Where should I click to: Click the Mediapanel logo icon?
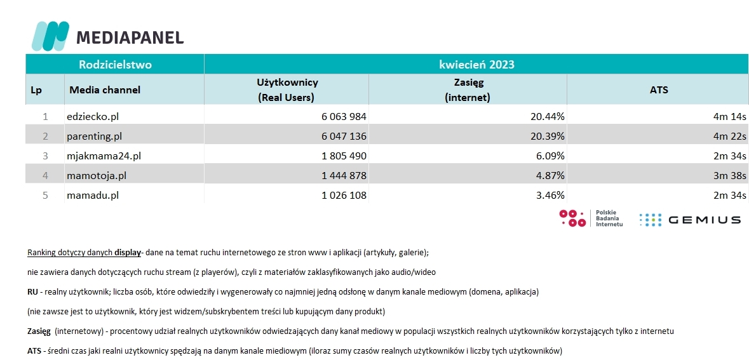(50, 36)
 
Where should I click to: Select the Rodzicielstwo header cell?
(115, 65)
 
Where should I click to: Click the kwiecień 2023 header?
(476, 65)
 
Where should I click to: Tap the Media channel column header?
(105, 90)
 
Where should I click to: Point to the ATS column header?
(659, 90)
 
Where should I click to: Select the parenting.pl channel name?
(95, 137)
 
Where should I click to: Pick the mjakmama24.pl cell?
(104, 156)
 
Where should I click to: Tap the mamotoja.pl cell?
(97, 176)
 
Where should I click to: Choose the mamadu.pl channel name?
(93, 196)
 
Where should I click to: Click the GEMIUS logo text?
(705, 220)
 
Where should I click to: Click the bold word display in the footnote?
(128, 252)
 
